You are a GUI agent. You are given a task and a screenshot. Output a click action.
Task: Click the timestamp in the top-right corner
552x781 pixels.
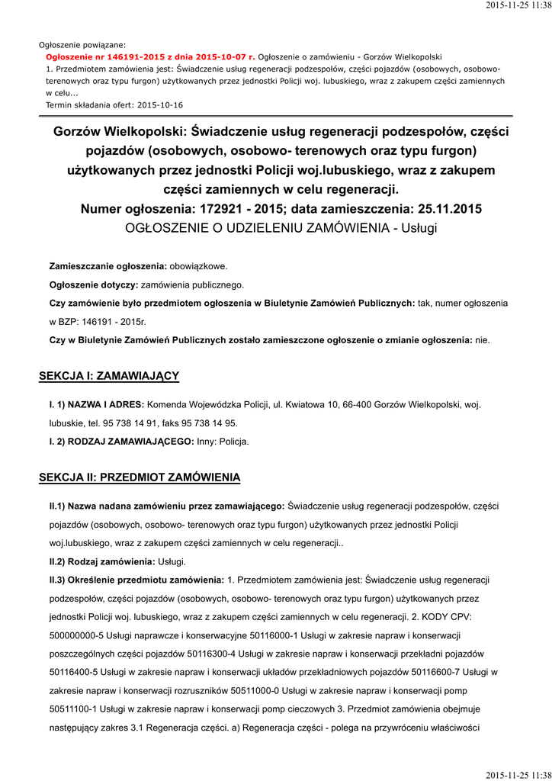[518, 6]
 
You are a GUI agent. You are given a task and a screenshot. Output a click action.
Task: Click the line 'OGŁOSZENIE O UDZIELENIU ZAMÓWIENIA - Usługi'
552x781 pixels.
[281, 228]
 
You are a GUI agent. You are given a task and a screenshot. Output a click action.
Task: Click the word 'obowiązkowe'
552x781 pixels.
[198, 266]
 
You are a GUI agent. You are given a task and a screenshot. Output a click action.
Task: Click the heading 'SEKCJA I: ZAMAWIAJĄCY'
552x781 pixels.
[109, 376]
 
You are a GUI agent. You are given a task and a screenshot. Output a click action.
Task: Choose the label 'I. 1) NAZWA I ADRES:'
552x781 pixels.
[97, 404]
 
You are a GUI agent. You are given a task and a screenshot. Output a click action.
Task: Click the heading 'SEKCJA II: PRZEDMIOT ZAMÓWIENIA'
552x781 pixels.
[140, 477]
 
